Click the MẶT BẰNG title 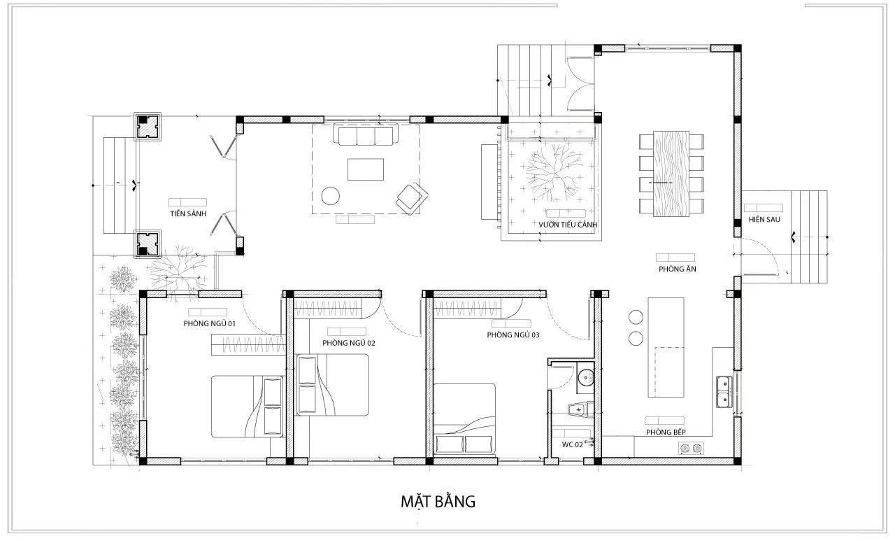[438, 501]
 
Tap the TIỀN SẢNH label [188, 213]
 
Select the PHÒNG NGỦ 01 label [209, 323]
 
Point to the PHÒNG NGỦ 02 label [349, 343]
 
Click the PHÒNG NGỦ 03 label [513, 335]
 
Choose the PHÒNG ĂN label [678, 269]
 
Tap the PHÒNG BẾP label [666, 432]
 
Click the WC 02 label [572, 444]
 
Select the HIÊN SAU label [764, 219]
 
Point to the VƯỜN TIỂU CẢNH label [568, 225]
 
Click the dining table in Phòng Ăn [671, 174]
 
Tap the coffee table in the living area [366, 169]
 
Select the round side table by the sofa [331, 196]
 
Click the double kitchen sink [724, 391]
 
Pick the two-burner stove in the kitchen [691, 448]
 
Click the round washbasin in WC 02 [586, 377]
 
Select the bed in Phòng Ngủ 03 [464, 419]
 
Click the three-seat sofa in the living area [366, 134]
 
